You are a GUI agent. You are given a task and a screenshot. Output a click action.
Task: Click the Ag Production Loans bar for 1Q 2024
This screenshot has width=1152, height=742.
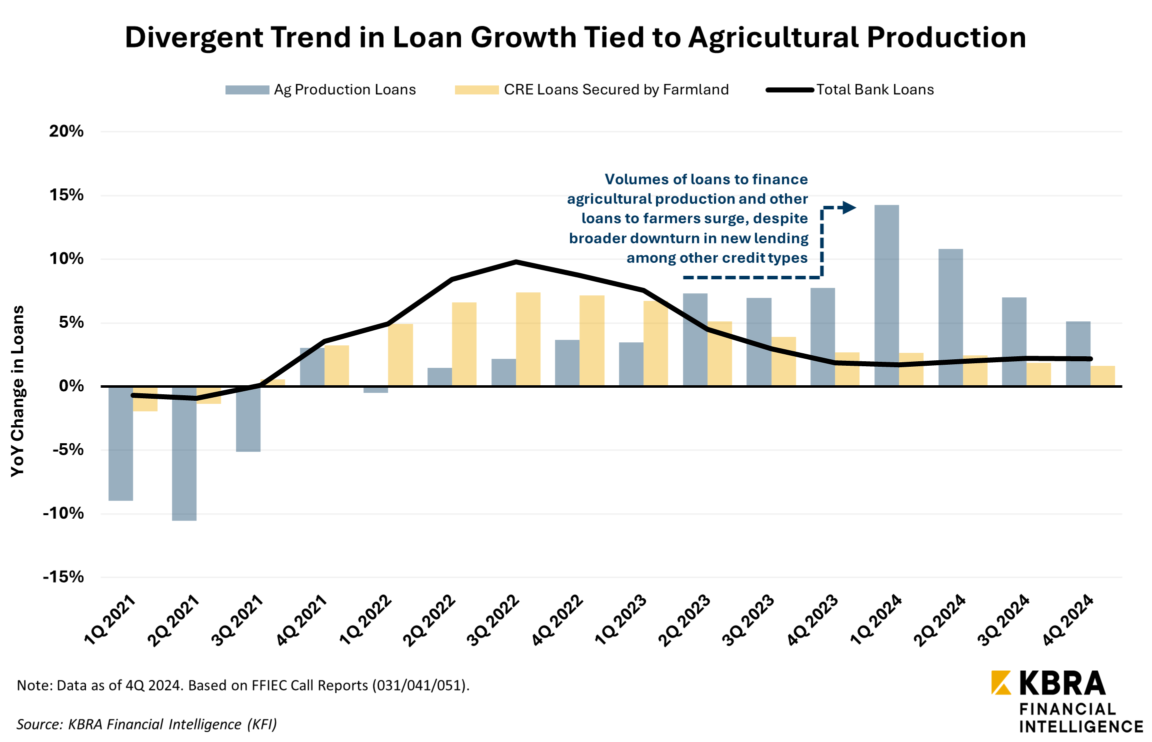(886, 295)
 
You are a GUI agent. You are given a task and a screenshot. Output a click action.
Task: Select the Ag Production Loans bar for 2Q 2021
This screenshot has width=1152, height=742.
(184, 453)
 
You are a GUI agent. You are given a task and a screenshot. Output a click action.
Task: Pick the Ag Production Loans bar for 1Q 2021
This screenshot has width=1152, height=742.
(120, 443)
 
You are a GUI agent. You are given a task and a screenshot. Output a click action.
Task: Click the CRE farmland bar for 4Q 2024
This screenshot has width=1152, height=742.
(1102, 376)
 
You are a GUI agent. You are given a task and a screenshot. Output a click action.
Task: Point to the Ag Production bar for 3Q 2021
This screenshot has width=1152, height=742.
(248, 419)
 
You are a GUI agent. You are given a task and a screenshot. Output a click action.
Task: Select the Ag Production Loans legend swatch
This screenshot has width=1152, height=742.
(247, 90)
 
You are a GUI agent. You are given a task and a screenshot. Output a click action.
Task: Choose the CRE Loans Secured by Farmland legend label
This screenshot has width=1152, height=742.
(616, 90)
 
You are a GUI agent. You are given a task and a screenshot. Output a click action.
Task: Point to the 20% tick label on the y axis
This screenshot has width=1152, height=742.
(66, 131)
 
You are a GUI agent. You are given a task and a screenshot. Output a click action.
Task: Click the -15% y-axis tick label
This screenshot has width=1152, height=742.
(63, 577)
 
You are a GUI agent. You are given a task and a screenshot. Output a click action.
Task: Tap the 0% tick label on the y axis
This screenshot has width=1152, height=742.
(71, 386)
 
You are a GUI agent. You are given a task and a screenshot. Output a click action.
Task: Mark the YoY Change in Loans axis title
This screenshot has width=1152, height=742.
(18, 391)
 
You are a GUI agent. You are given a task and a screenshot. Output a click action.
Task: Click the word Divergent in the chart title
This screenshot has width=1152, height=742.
(194, 38)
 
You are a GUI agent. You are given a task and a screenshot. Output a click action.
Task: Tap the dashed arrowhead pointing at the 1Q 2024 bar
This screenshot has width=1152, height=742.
(849, 207)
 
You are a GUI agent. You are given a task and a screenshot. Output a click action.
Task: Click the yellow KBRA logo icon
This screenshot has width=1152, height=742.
(1001, 683)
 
